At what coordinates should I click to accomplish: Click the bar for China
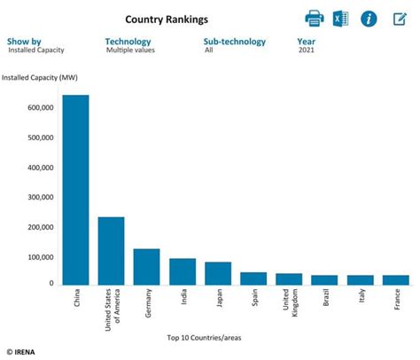tap(75, 190)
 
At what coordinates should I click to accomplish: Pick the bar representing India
tap(182, 271)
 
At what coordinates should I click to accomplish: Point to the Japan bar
tap(218, 273)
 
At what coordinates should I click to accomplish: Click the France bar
tap(396, 280)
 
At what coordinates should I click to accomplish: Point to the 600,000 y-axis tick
tap(40, 108)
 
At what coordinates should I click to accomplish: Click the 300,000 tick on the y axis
tap(40, 198)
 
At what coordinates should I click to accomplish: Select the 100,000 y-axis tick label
tap(40, 257)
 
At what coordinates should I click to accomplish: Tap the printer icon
tap(315, 19)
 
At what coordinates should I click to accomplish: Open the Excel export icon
tap(341, 19)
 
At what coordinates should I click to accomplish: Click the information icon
tap(369, 19)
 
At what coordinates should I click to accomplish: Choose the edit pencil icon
tap(399, 19)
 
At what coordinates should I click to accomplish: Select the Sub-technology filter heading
tap(237, 41)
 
